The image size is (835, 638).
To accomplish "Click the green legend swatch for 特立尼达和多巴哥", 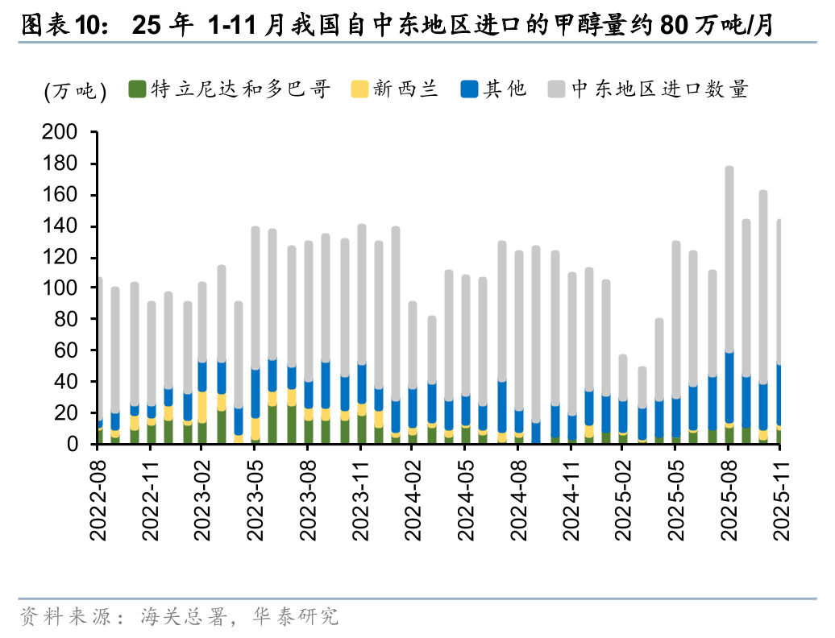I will click(137, 89).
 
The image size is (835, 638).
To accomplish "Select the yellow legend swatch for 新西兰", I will click(359, 89).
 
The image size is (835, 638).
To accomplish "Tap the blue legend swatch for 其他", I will click(468, 89).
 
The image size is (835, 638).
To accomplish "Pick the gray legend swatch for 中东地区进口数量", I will click(555, 89).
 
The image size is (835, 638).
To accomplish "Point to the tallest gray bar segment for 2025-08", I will click(729, 258).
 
